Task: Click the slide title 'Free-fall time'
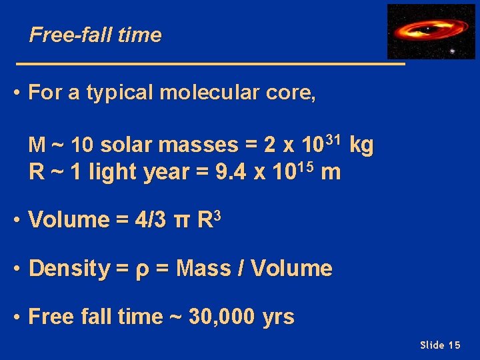[95, 35]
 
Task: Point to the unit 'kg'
[361, 145]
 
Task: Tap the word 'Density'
[69, 269]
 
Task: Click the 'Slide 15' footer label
[440, 345]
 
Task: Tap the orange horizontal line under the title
[210, 64]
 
